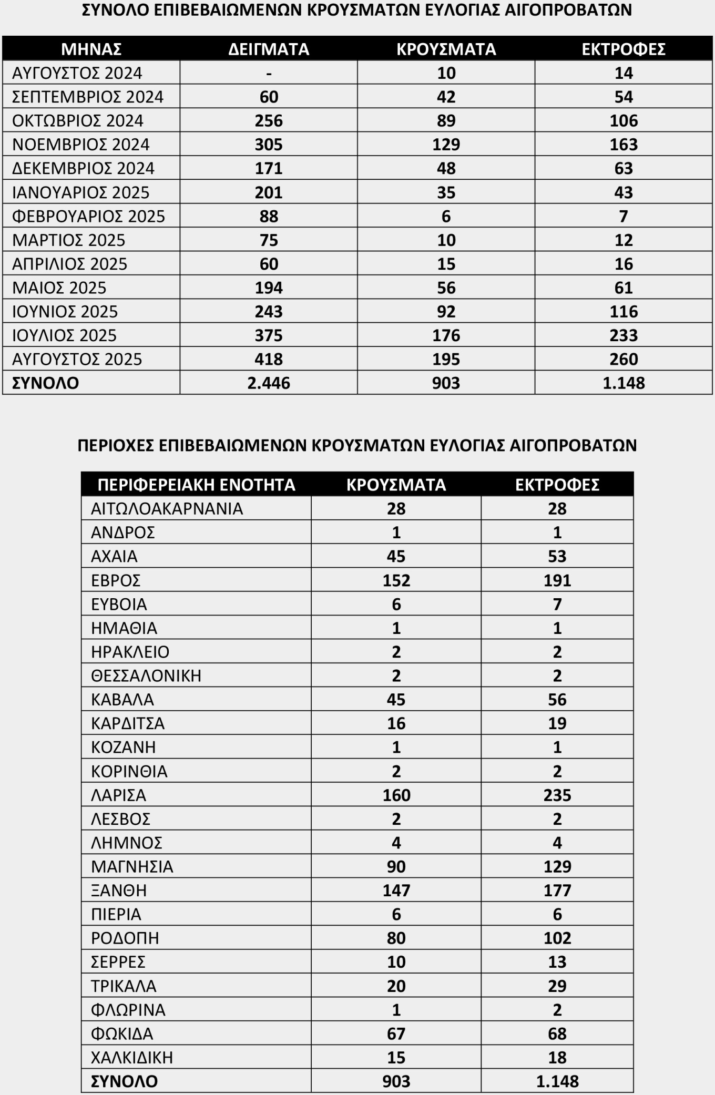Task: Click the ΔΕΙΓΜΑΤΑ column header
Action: point(269,49)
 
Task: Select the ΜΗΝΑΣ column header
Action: point(91,49)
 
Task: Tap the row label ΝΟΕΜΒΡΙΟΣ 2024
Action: point(81,144)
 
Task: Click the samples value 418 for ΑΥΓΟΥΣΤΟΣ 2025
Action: point(269,359)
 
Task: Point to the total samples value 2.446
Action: point(269,383)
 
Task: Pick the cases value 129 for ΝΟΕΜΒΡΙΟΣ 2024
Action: point(446,144)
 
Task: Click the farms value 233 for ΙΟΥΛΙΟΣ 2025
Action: point(624,335)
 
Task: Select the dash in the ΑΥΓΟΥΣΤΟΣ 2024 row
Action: point(269,73)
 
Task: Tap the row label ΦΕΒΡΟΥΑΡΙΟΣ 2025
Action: point(88,216)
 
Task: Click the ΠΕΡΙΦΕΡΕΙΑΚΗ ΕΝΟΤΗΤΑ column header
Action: point(196,484)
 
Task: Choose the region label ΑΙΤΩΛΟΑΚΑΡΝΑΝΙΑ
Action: point(167,508)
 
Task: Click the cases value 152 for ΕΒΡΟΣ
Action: point(396,580)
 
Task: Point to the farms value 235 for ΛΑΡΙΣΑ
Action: point(557,795)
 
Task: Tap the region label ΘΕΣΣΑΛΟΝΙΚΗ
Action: point(146,676)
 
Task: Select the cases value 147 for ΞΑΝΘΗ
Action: point(396,891)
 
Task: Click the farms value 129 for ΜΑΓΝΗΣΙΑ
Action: point(557,866)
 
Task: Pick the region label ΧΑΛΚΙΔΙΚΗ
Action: point(132,1057)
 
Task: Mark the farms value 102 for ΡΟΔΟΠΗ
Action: point(557,938)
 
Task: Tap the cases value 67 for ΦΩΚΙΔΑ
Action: point(396,1033)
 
